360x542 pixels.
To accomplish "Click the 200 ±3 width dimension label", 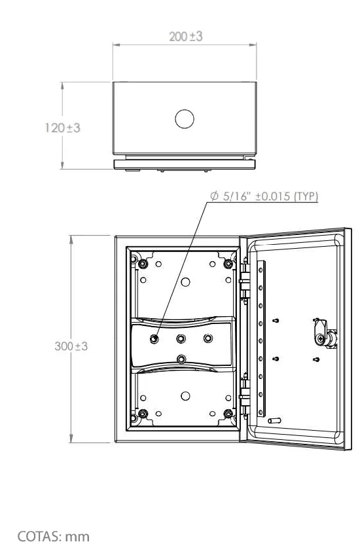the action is (x=185, y=36).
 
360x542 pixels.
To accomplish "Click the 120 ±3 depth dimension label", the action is (x=63, y=128).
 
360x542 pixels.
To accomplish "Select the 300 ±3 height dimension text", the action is (x=71, y=346).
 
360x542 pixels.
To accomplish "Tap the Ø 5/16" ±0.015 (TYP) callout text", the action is (x=264, y=196).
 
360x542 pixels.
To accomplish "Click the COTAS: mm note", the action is (x=54, y=535).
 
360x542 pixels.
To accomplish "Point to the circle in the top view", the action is (x=185, y=119).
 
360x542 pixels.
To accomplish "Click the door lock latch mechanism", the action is (x=325, y=334).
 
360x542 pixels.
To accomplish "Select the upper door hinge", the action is (x=244, y=280).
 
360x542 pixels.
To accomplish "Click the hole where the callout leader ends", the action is (x=154, y=339).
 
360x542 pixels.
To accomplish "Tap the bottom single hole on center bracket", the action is (x=181, y=359).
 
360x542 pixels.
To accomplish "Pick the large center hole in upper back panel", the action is (x=185, y=282).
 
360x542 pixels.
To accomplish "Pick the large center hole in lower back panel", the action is (x=185, y=396).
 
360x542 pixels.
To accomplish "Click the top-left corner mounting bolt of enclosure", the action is (x=143, y=264).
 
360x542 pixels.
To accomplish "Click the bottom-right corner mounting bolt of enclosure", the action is (x=228, y=414).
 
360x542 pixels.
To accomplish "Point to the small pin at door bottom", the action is (x=275, y=421).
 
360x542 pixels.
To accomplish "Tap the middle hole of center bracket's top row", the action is (x=181, y=338).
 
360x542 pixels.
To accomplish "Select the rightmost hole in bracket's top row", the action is (x=208, y=338).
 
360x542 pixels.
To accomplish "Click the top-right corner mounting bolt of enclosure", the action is (x=228, y=264).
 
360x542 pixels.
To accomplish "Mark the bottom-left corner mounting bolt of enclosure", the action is (x=143, y=414).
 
